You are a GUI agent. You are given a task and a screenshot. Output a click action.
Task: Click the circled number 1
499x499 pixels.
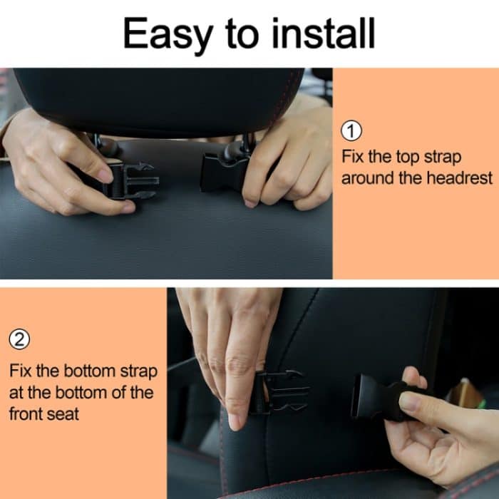(352, 131)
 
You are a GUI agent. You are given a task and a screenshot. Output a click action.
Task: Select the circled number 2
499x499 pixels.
(20, 340)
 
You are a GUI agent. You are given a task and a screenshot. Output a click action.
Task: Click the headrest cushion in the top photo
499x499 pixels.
(157, 100)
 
